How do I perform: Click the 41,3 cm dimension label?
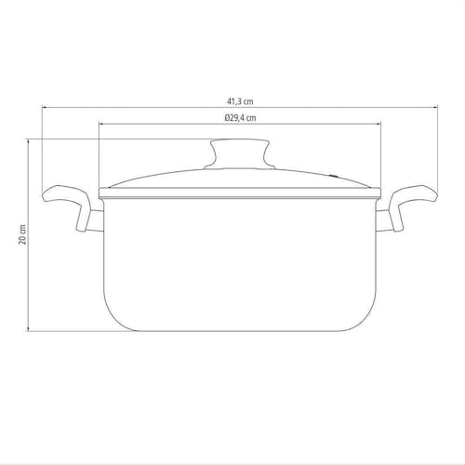point(240,101)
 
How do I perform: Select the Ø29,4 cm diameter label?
point(240,118)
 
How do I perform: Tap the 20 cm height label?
point(22,234)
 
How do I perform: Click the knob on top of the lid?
point(240,154)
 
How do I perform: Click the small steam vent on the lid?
point(334,177)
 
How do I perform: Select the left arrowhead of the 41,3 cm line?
point(44,107)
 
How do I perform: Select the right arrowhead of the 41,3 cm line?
point(435,107)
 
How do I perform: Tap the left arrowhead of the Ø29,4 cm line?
point(101,124)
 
